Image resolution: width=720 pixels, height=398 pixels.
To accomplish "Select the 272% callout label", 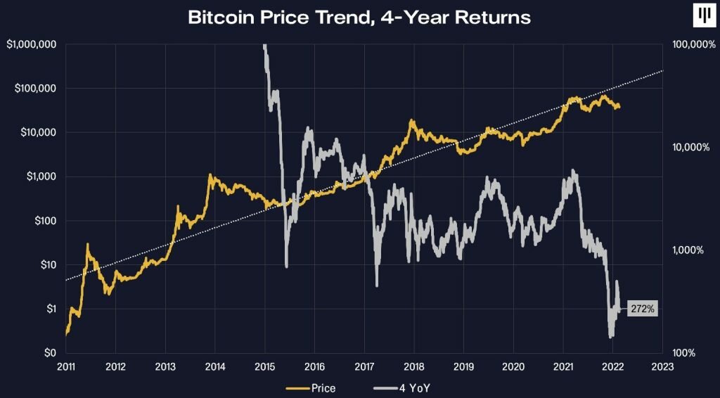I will pyautogui.click(x=642, y=309).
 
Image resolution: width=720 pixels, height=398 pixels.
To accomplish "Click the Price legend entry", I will pyautogui.click(x=311, y=387).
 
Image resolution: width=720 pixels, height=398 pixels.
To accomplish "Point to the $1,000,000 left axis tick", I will pyautogui.click(x=31, y=44).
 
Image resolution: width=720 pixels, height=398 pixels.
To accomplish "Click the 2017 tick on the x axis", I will pyautogui.click(x=364, y=366).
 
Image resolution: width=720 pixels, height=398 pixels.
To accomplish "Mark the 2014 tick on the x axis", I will pyautogui.click(x=215, y=366).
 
